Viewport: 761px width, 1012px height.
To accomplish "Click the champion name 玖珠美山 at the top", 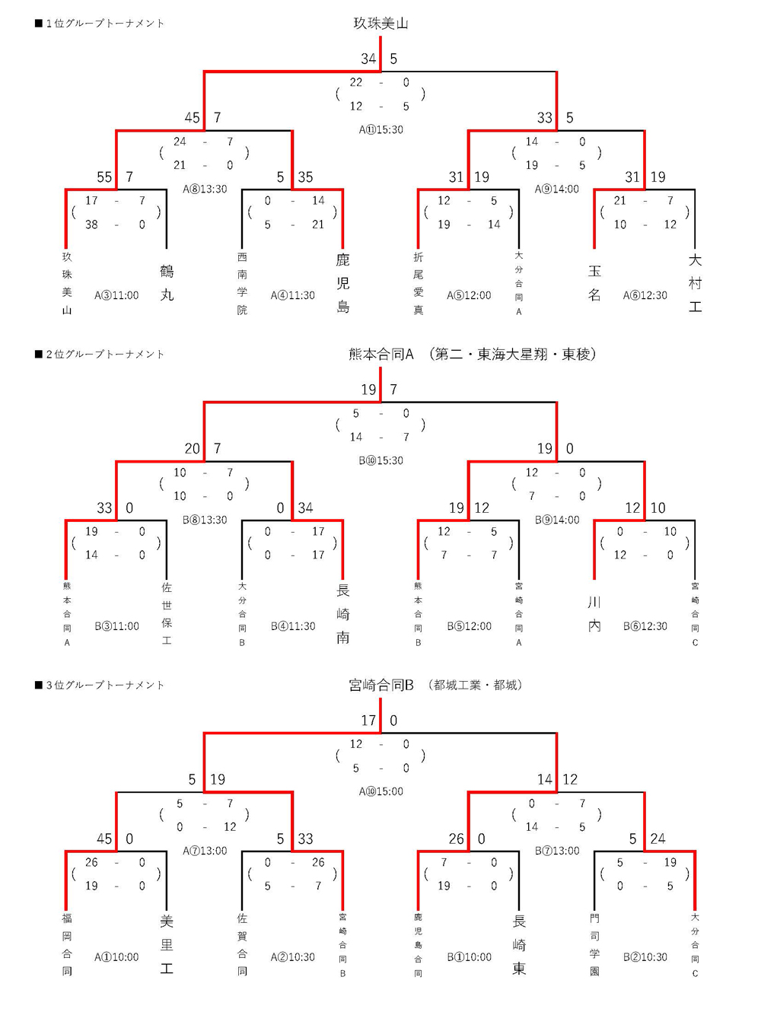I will (380, 24).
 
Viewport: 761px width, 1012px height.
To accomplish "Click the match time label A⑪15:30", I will (381, 130).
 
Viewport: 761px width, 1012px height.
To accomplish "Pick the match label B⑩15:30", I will (381, 461).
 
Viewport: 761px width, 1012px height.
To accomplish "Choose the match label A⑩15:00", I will (381, 792).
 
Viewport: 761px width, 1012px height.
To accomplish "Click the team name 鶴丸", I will (167, 282).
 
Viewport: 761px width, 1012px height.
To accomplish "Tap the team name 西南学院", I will (242, 283).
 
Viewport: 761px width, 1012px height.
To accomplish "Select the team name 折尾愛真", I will (419, 283).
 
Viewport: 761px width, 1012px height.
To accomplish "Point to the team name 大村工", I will (695, 283).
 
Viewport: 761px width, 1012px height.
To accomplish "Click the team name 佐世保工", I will (167, 613).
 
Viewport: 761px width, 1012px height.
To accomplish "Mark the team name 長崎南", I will (343, 613).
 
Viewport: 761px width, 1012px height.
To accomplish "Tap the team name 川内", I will (594, 613).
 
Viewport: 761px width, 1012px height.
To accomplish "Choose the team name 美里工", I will (167, 944).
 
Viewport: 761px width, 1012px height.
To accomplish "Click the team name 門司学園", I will (594, 944).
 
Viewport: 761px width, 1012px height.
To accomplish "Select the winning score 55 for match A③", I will (104, 177).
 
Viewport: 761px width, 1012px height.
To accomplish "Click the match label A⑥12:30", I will (645, 296).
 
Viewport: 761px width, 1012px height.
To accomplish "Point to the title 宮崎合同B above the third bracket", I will (381, 686).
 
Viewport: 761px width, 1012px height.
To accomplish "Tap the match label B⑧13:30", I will (205, 520).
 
